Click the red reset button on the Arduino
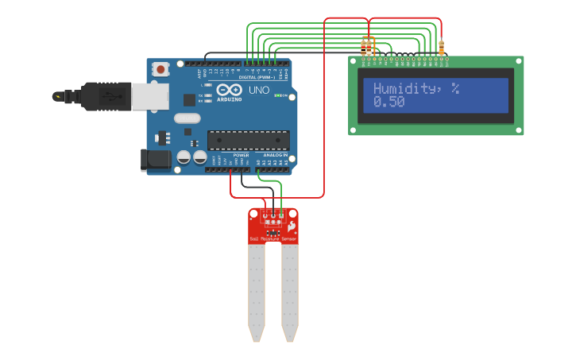click(x=161, y=69)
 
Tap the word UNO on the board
click(x=259, y=91)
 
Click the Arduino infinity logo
click(x=229, y=90)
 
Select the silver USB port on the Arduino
click(x=150, y=95)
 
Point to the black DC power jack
click(x=155, y=160)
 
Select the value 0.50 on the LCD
click(x=389, y=103)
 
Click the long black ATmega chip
click(x=248, y=140)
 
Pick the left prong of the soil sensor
click(x=256, y=290)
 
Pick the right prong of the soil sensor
click(x=290, y=290)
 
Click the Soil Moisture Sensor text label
click(x=273, y=238)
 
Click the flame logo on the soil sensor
click(x=292, y=226)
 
